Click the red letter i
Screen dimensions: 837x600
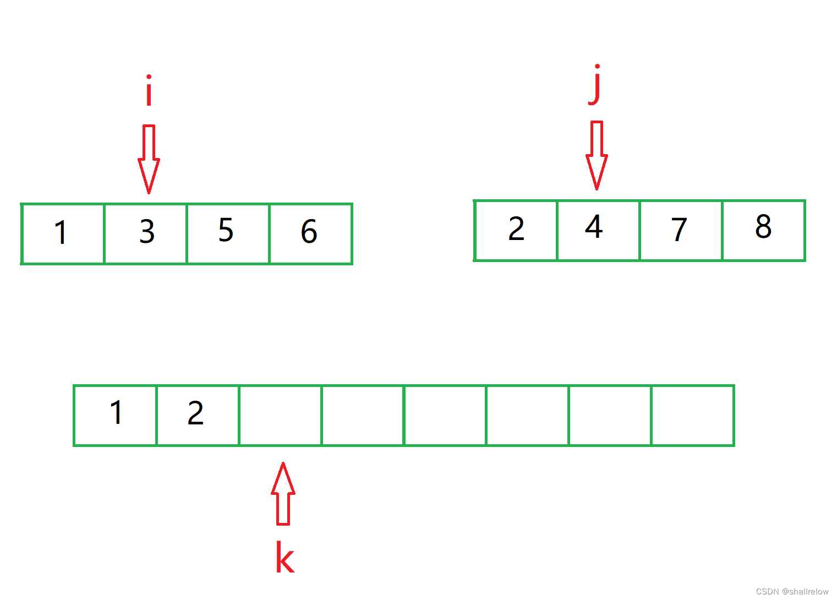tap(148, 91)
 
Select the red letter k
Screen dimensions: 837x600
tap(285, 557)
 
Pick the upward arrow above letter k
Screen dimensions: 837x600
tap(283, 493)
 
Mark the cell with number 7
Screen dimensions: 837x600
tap(681, 230)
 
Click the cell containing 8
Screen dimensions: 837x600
tap(764, 230)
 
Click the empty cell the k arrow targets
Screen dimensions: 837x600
tap(280, 415)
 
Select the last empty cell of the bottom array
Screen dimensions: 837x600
tap(692, 415)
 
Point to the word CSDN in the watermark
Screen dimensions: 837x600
tap(767, 592)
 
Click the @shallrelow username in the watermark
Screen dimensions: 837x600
tap(805, 592)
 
